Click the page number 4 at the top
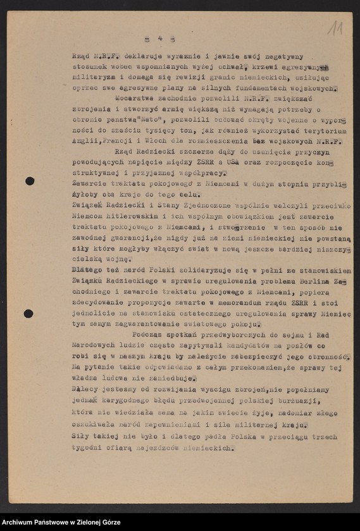[160, 39]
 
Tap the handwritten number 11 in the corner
[335, 28]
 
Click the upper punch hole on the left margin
[30, 181]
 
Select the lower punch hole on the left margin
[28, 314]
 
